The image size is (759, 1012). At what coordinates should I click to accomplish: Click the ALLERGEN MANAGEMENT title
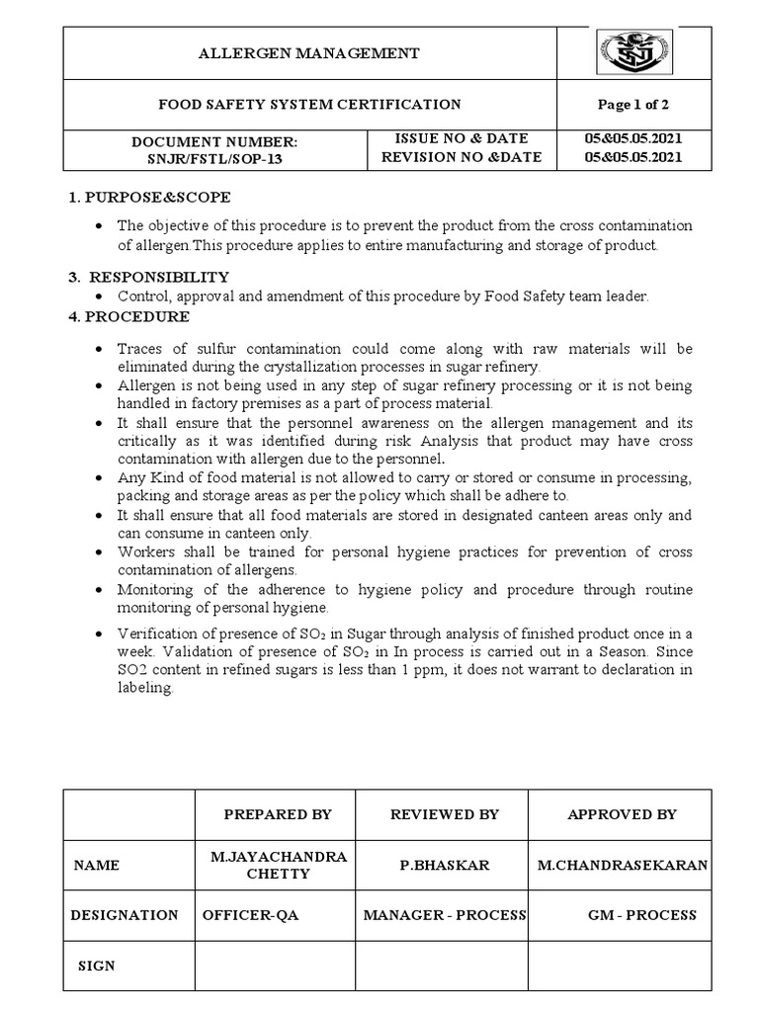[x=311, y=53]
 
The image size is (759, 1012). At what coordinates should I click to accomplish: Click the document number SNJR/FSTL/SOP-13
[x=214, y=157]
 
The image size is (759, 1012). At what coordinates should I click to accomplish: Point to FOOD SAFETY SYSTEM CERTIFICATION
[x=311, y=105]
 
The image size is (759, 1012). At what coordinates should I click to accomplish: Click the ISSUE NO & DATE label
[x=462, y=138]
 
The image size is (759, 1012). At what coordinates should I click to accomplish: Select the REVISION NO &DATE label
[x=462, y=157]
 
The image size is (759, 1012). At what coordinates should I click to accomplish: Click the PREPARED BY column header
[x=278, y=814]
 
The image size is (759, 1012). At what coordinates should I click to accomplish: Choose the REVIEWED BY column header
[x=445, y=814]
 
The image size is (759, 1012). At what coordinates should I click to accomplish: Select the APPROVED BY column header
[x=622, y=814]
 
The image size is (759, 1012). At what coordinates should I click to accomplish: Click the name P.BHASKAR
[x=445, y=865]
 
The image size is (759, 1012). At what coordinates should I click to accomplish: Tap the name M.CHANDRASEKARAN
[x=622, y=865]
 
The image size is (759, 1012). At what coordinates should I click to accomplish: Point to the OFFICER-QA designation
[x=250, y=915]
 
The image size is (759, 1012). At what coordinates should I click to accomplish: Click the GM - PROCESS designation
[x=642, y=915]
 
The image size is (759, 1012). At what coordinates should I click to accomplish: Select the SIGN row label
[x=97, y=966]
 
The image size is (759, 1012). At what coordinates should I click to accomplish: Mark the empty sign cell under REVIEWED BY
[x=443, y=966]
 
